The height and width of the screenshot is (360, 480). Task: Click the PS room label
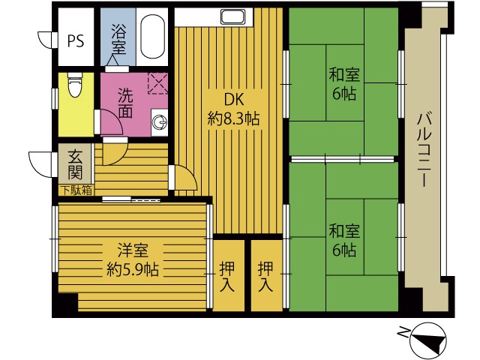click(76, 40)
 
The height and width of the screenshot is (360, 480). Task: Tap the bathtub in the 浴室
click(152, 36)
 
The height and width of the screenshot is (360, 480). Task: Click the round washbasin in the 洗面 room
click(160, 122)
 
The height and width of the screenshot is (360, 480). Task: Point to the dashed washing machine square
click(157, 83)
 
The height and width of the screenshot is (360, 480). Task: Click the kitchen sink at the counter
click(233, 16)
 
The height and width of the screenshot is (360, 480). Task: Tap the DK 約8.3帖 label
click(233, 109)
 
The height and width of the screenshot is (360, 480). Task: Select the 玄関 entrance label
click(75, 165)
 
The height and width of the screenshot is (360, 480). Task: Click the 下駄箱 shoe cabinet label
click(77, 190)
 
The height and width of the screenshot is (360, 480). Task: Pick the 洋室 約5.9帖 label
click(133, 260)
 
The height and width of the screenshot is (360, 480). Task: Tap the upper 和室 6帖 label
click(344, 85)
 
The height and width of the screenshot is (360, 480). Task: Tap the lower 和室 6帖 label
click(344, 241)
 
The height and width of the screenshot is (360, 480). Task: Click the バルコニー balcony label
click(424, 150)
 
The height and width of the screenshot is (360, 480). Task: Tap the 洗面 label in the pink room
click(125, 103)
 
